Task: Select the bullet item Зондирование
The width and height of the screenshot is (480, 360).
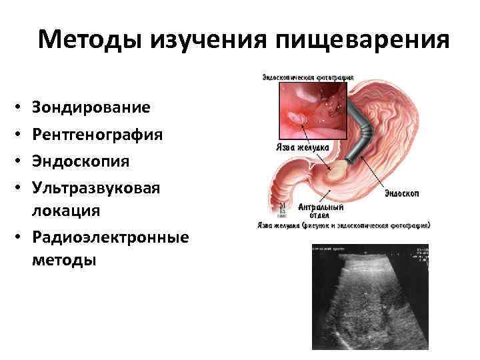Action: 90,107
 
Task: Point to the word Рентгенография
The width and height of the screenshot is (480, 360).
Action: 97,134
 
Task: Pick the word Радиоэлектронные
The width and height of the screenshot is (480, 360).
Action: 109,237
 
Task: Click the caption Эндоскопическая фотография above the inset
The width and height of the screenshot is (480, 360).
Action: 308,76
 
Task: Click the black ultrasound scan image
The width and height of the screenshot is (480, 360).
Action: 369,297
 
